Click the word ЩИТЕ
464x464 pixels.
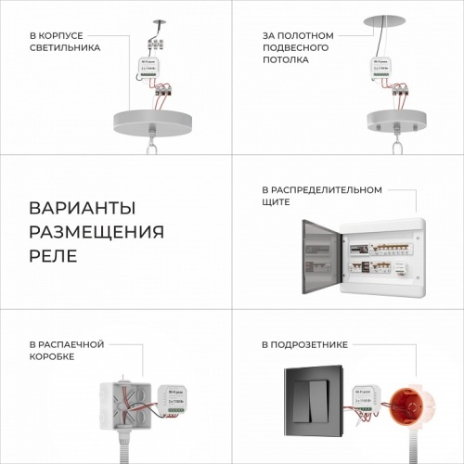(277, 201)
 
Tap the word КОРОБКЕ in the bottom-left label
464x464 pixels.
(52, 356)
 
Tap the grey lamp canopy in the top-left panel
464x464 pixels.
(157, 121)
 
